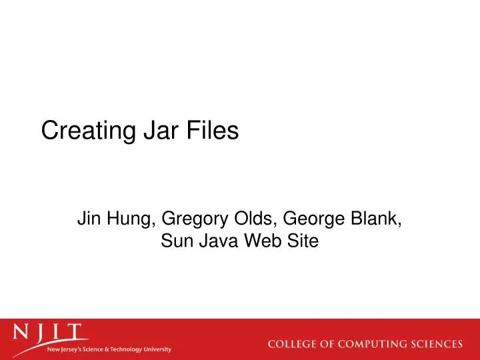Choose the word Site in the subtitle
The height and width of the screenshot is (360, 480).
click(303, 242)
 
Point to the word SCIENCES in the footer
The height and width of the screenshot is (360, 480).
click(438, 345)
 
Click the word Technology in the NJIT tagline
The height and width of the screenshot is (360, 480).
click(130, 349)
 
